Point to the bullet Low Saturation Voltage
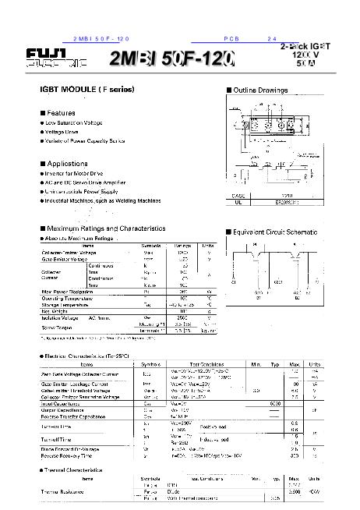(75, 123)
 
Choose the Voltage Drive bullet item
(65, 132)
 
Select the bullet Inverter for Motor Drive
(79, 173)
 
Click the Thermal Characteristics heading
(81, 470)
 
